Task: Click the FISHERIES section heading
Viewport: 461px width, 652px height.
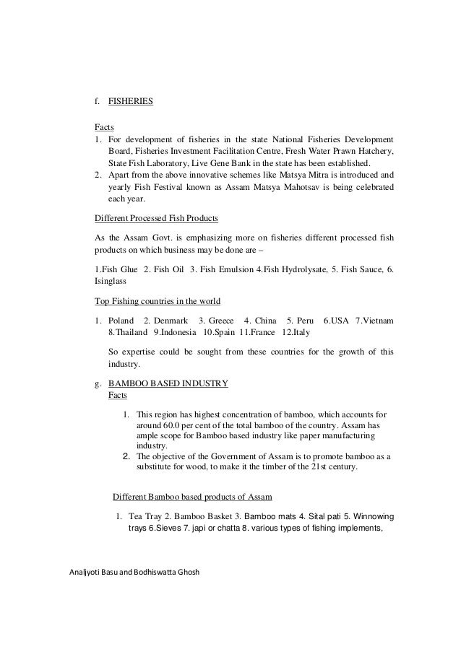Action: pos(130,102)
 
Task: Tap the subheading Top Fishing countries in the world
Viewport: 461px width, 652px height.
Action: pos(158,300)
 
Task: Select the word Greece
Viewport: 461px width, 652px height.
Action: pos(223,320)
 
